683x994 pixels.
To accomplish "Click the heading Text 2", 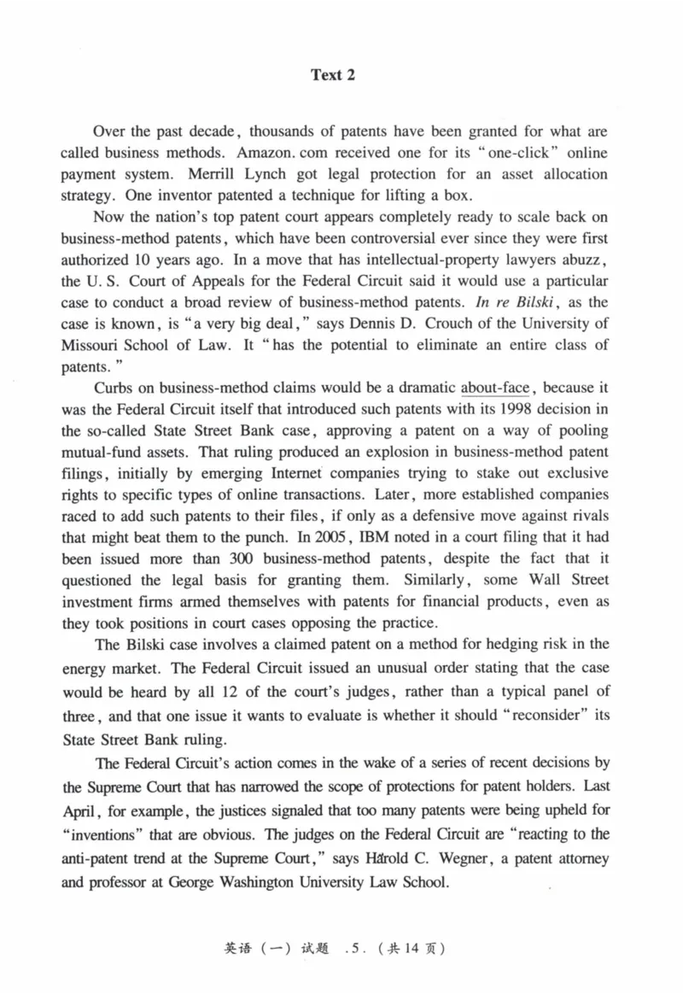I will (333, 75).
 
